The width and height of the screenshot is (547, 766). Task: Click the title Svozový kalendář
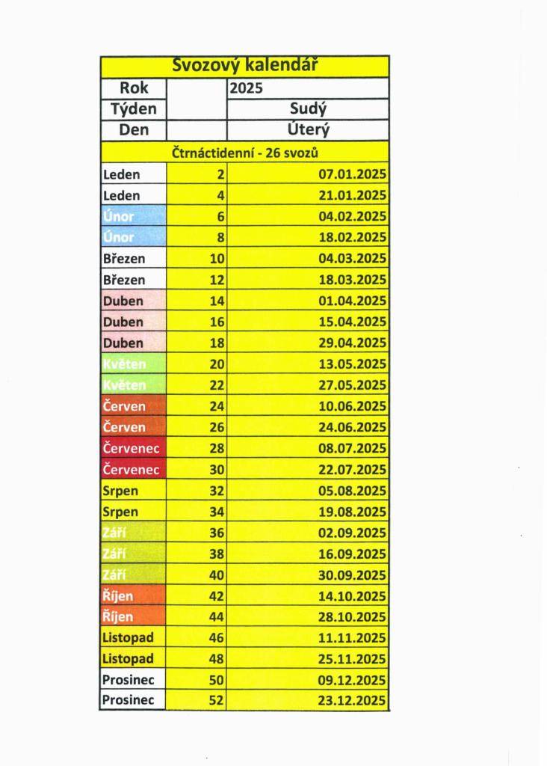point(245,66)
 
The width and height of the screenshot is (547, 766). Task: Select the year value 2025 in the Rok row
point(247,88)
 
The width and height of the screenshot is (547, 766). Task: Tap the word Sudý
point(307,109)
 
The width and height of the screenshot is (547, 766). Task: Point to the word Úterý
point(307,130)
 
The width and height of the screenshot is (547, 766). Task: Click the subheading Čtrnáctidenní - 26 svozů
point(246,153)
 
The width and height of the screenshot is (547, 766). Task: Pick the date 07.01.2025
point(352,175)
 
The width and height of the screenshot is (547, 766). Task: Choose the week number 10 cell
point(215,259)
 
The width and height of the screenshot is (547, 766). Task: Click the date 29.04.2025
point(352,343)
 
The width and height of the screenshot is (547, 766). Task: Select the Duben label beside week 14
point(123,301)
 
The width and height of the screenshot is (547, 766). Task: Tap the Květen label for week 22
point(124,385)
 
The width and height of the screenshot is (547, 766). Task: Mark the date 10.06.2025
point(352,406)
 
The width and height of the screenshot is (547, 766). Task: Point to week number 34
point(215,512)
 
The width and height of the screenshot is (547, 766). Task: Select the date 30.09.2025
point(352,575)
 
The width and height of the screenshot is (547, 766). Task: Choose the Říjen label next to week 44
point(117,617)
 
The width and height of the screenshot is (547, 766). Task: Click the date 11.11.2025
point(352,638)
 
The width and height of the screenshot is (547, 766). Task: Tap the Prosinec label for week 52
point(129,701)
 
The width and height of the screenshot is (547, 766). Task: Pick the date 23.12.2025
point(352,701)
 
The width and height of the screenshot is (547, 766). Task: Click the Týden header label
point(134,109)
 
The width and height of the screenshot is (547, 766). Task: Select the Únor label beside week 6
point(118,217)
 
